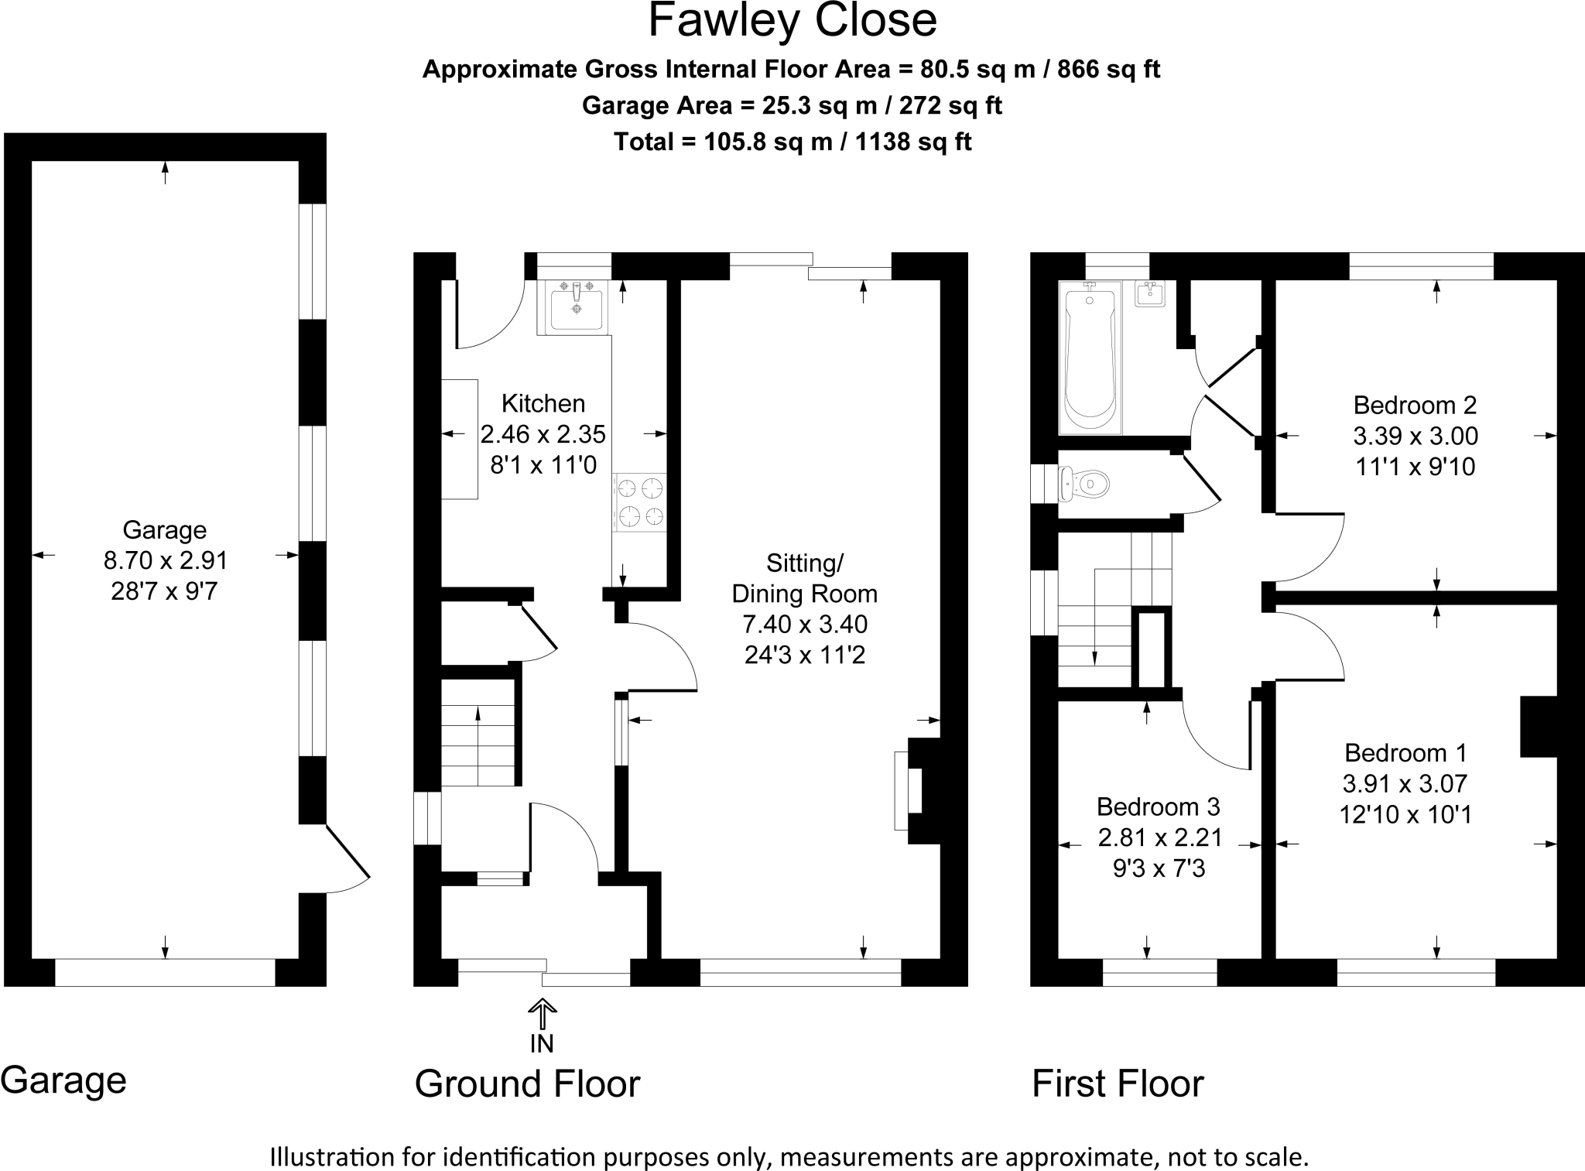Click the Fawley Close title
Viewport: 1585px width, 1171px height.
[792, 21]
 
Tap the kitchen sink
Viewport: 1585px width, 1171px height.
[575, 306]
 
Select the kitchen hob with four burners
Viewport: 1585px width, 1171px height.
[640, 502]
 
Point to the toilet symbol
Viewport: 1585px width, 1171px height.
[1083, 484]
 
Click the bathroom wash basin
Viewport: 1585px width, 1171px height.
[1151, 294]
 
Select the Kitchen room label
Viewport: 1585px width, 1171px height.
[543, 403]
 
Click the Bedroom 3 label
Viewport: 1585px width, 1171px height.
[1159, 806]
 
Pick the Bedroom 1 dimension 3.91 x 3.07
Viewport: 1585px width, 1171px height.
[1405, 783]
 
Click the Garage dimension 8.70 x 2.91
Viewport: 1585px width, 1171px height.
[165, 560]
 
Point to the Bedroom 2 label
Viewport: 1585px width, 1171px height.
[1415, 405]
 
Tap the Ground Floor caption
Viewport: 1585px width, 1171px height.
[528, 1084]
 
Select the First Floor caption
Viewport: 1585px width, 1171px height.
[1118, 1084]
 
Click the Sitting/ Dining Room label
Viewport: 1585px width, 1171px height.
[805, 578]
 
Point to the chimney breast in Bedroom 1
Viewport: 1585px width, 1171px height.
[1539, 727]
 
